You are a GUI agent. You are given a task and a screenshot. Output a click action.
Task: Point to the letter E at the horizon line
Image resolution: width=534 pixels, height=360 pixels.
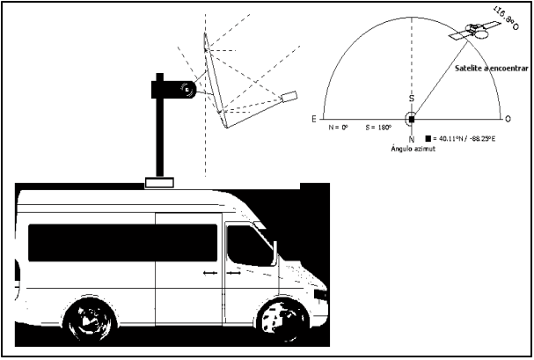pyautogui.click(x=314, y=118)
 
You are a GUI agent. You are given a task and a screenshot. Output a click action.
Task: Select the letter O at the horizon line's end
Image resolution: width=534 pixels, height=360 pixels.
pyautogui.click(x=508, y=118)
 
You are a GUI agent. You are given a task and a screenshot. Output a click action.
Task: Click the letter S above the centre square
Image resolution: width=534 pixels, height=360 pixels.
pyautogui.click(x=411, y=99)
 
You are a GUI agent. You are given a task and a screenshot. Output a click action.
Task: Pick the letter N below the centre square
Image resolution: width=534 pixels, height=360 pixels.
pyautogui.click(x=411, y=138)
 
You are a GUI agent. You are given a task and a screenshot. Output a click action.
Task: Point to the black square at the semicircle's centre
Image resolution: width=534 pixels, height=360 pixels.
pyautogui.click(x=411, y=118)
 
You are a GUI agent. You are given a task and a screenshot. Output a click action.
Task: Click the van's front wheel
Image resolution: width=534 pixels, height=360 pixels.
pyautogui.click(x=284, y=320)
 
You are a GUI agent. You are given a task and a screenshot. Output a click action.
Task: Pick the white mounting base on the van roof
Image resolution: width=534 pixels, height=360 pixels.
pyautogui.click(x=161, y=182)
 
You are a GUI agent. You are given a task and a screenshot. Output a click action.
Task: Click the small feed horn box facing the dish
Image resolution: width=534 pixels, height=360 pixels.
pyautogui.click(x=289, y=96)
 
